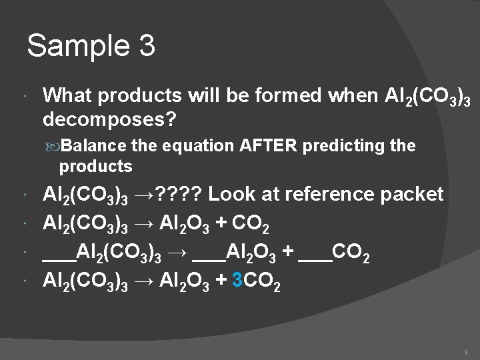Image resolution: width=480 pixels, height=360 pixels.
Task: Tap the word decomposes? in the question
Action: coord(110,119)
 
